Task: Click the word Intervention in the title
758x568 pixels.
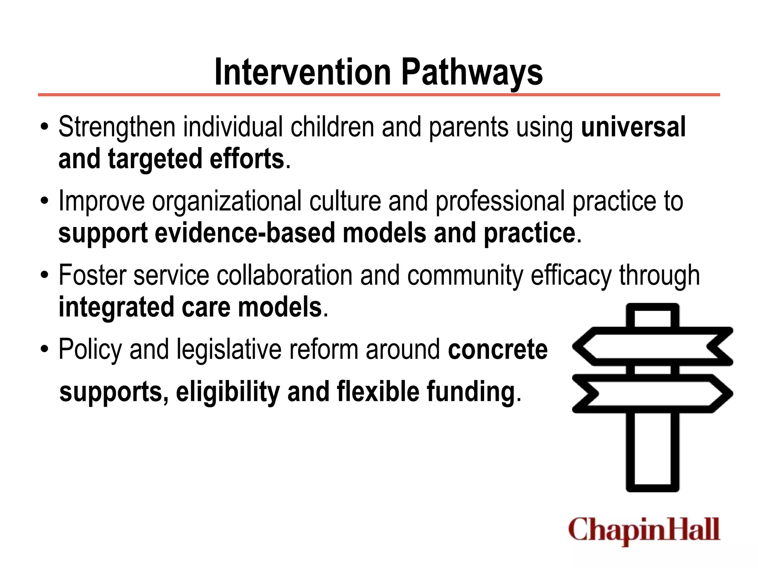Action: (302, 72)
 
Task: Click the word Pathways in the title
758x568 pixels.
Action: (472, 73)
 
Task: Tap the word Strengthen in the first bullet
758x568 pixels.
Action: (117, 127)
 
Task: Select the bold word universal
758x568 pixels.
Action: (633, 127)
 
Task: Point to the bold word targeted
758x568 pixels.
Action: (155, 159)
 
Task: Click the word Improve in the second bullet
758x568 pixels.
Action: (101, 202)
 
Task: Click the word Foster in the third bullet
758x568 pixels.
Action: (92, 275)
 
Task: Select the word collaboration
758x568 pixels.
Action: (284, 275)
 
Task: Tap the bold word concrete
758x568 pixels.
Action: (497, 349)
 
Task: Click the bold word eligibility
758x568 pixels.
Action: (228, 392)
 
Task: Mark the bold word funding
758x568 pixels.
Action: (471, 392)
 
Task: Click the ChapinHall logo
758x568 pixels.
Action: (644, 530)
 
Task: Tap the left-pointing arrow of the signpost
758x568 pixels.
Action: (651, 346)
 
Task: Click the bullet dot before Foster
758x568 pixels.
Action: (45, 276)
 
